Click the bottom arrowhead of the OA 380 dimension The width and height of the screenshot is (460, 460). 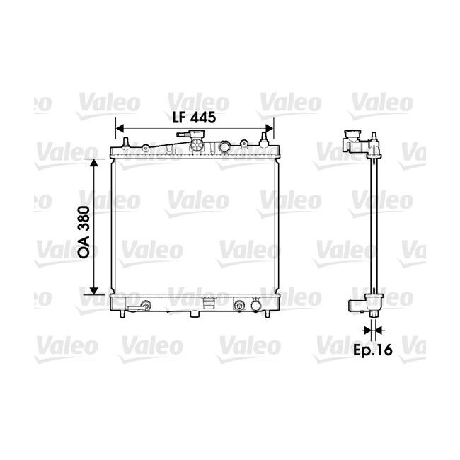[x=93, y=290]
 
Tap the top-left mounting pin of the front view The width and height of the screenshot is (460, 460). [x=125, y=144]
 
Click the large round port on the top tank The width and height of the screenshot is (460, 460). [x=224, y=147]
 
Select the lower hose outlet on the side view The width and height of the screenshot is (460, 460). [x=357, y=305]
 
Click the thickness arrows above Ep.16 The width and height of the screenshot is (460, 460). [x=372, y=329]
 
